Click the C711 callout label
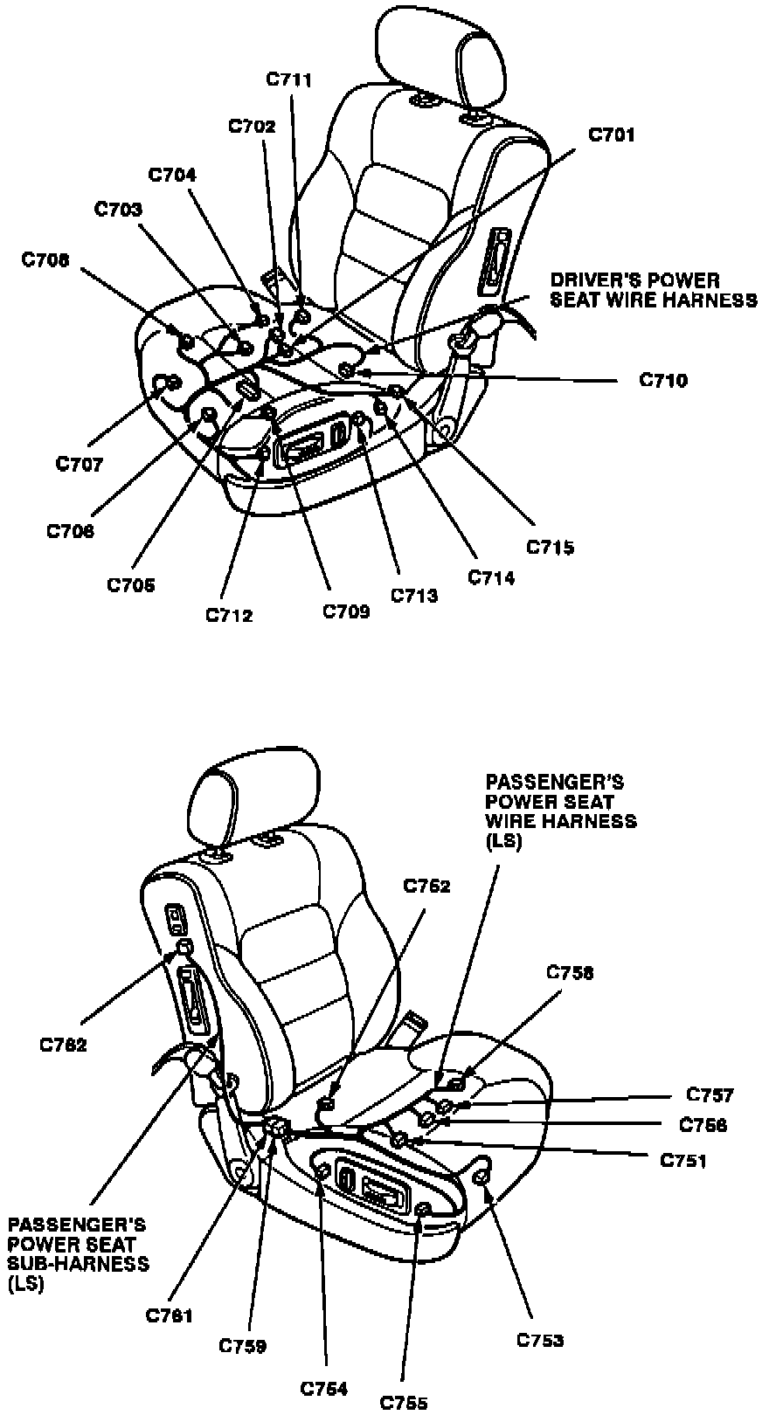(289, 79)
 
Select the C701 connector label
(612, 135)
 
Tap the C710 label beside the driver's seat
(663, 380)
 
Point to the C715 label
(550, 548)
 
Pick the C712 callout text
(230, 615)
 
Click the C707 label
(80, 464)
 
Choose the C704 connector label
(172, 175)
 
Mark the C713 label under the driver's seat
(414, 596)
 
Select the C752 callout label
(426, 886)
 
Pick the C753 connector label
(540, 1339)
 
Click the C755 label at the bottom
(404, 1403)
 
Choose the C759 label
(243, 1346)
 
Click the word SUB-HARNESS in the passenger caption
(79, 1263)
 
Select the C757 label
(710, 1094)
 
